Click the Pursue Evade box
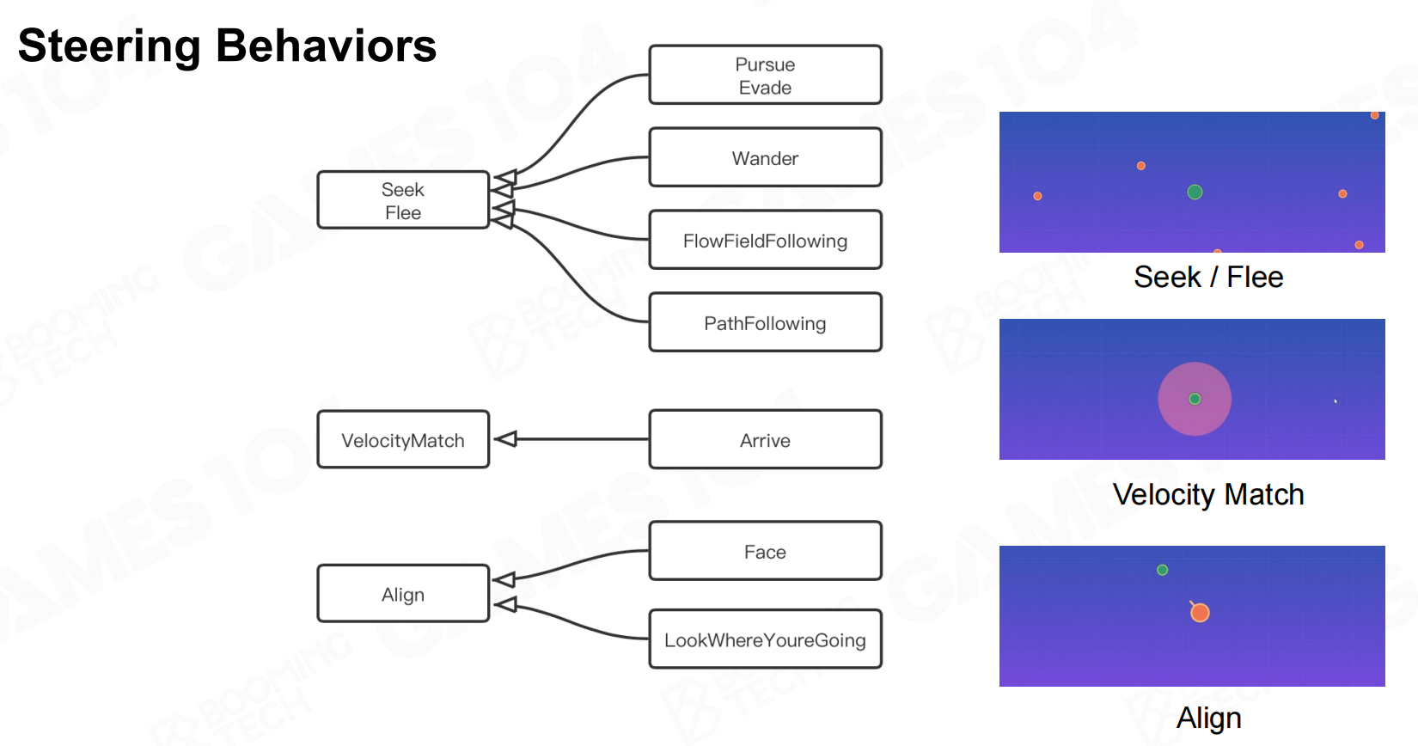pyautogui.click(x=765, y=76)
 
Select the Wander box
pyautogui.click(x=765, y=158)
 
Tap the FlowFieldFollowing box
pyautogui.click(x=765, y=241)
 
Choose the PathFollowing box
pyautogui.click(x=765, y=323)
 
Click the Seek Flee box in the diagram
pyautogui.click(x=403, y=200)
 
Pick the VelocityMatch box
pyautogui.click(x=403, y=440)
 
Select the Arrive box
pyautogui.click(x=765, y=440)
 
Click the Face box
pyautogui.click(x=765, y=552)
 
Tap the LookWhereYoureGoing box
pyautogui.click(x=765, y=639)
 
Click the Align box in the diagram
pyautogui.click(x=403, y=594)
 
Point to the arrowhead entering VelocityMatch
pyautogui.click(x=505, y=439)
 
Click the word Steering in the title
pyautogui.click(x=109, y=46)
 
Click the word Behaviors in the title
pyautogui.click(x=327, y=46)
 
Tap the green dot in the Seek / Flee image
pyautogui.click(x=1195, y=192)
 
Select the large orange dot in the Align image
pyautogui.click(x=1200, y=613)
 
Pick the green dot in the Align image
pyautogui.click(x=1162, y=570)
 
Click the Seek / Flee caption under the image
pyautogui.click(x=1208, y=278)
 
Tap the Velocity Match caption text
pyautogui.click(x=1208, y=495)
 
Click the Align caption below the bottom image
pyautogui.click(x=1208, y=718)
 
